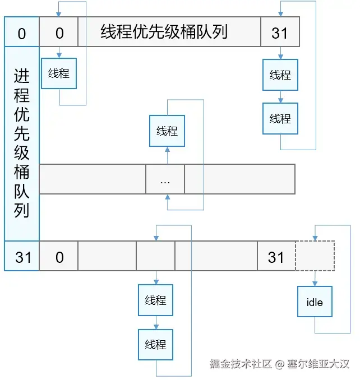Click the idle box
(315, 302)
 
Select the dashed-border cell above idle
(315, 256)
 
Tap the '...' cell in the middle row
(165, 179)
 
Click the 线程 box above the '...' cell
(167, 131)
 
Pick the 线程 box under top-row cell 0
(59, 73)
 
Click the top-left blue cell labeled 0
(22, 31)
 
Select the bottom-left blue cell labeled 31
(22, 256)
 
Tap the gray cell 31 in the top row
(280, 31)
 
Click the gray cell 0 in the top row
(59, 31)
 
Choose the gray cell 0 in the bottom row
(59, 256)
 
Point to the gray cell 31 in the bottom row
(276, 256)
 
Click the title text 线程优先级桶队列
(164, 31)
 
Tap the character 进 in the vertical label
(22, 76)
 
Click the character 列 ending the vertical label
(22, 210)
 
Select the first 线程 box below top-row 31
(280, 75)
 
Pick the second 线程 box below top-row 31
(280, 118)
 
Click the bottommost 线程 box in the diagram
(156, 344)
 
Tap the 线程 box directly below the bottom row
(156, 300)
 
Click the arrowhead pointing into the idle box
(315, 284)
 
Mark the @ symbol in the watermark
(279, 364)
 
